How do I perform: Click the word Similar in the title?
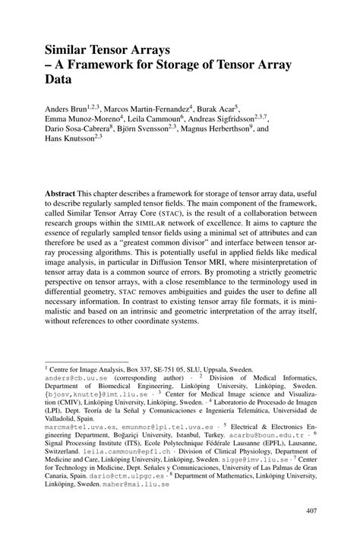click(69, 49)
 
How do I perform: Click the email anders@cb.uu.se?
click(74, 377)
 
